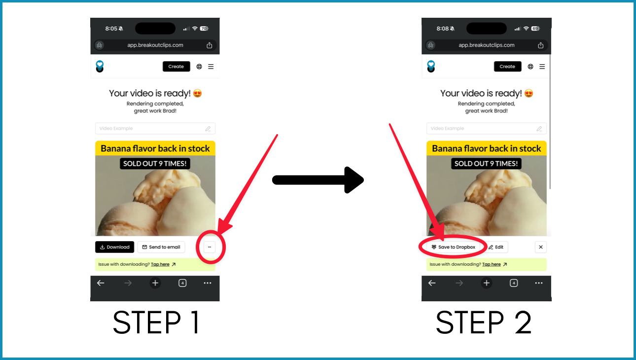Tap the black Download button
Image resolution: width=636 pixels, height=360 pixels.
(x=114, y=247)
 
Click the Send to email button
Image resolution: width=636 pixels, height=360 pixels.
(x=161, y=247)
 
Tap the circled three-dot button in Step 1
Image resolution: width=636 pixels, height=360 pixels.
(x=210, y=247)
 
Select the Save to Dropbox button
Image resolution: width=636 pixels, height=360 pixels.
(x=454, y=247)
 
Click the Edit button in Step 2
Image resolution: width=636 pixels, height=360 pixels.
(x=496, y=247)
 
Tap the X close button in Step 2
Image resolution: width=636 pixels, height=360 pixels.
(x=540, y=247)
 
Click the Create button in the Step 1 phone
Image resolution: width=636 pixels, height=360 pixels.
(x=177, y=67)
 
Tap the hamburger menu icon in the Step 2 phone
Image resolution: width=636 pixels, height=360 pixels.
(x=542, y=67)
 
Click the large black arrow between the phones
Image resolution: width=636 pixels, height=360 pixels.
(x=318, y=180)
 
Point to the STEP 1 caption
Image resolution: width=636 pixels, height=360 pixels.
(x=156, y=322)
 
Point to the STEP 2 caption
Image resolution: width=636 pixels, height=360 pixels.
(x=484, y=322)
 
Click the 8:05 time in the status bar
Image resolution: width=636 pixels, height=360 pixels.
(x=111, y=29)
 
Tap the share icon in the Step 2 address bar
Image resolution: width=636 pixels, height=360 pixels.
(x=540, y=45)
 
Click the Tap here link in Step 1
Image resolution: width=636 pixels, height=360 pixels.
(x=160, y=264)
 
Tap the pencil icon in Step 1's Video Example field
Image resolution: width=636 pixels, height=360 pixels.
(x=208, y=129)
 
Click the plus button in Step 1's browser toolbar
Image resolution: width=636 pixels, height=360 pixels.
(x=155, y=283)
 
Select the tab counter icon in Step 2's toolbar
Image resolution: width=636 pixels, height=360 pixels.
(x=514, y=283)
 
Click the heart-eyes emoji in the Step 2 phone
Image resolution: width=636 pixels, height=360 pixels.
(x=529, y=93)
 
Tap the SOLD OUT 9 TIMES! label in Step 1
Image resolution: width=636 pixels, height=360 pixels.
(x=155, y=164)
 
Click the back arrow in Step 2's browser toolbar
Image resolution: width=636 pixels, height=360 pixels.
(x=432, y=283)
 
